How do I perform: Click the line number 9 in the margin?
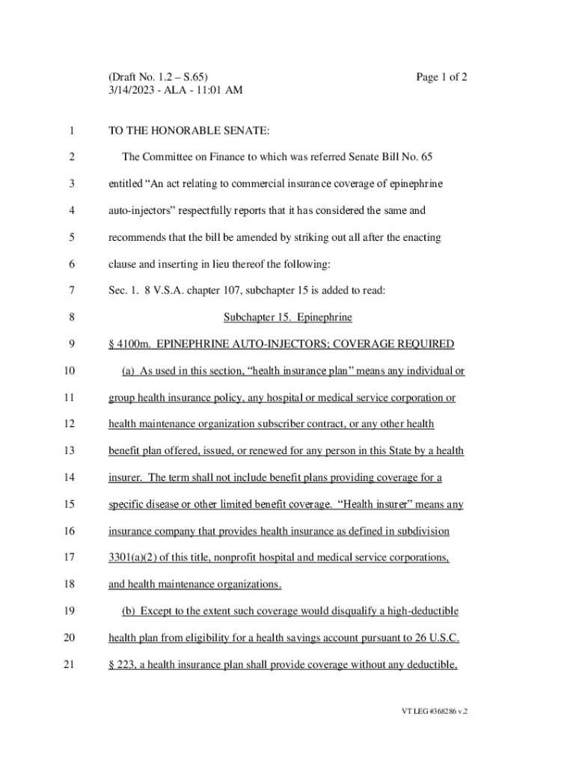pyautogui.click(x=71, y=344)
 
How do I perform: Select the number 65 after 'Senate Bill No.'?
pyautogui.click(x=426, y=157)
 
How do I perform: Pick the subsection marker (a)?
pyautogui.click(x=129, y=371)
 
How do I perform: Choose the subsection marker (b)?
pyautogui.click(x=129, y=611)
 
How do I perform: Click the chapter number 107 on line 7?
pyautogui.click(x=231, y=291)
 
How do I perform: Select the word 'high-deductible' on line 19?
pyautogui.click(x=422, y=611)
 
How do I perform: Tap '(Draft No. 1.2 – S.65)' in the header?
pyautogui.click(x=158, y=77)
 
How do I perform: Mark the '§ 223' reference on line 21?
pyautogui.click(x=120, y=665)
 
